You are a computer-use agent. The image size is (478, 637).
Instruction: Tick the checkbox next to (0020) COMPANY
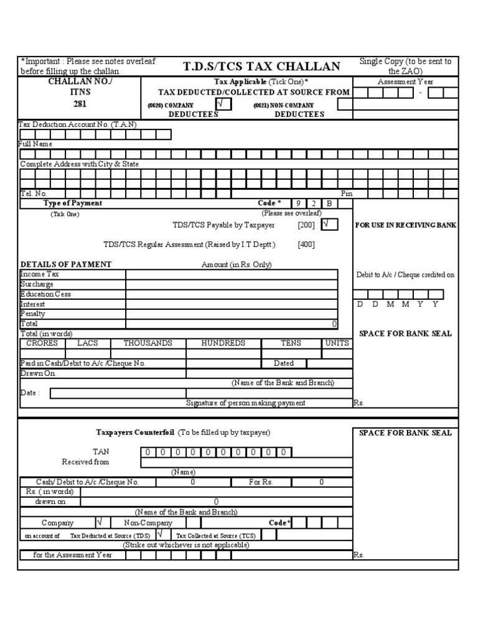click(223, 105)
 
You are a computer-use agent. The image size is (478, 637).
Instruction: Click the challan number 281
click(80, 104)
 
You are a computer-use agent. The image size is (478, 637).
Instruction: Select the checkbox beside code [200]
click(329, 225)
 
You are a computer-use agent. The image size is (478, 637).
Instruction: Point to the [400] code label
click(306, 244)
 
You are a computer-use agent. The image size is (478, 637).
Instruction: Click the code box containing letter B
click(329, 203)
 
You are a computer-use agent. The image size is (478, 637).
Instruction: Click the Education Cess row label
click(45, 294)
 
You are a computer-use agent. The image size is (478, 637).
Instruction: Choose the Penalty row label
click(32, 314)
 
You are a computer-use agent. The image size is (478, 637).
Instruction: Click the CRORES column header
click(42, 343)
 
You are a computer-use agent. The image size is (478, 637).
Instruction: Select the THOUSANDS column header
click(148, 343)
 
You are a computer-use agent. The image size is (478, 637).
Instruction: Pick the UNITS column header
click(337, 343)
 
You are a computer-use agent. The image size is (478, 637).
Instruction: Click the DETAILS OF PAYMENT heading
click(65, 264)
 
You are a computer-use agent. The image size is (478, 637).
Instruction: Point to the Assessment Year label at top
click(405, 82)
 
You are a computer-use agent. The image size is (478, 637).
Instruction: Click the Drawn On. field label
click(38, 374)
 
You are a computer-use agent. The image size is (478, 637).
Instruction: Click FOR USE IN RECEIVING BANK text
click(405, 225)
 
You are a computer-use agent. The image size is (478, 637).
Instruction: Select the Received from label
click(85, 462)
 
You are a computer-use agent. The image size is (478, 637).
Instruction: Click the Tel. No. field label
click(34, 193)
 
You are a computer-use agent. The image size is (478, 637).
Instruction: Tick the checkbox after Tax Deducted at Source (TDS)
click(161, 534)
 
